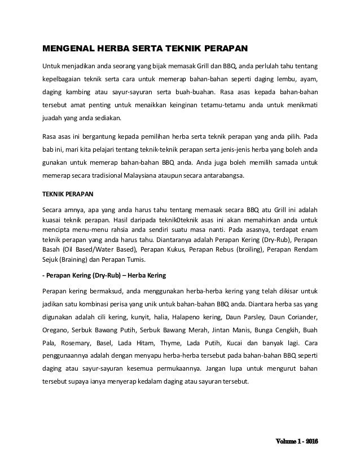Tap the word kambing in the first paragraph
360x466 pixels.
coord(79,91)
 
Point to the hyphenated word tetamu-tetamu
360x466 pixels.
coord(218,105)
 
